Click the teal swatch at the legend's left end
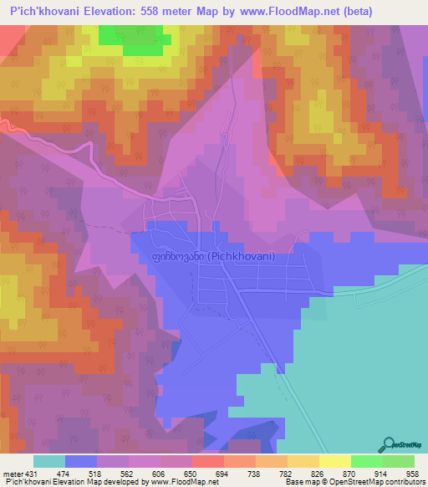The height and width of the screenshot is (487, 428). (x=49, y=461)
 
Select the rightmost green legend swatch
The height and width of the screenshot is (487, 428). (x=399, y=461)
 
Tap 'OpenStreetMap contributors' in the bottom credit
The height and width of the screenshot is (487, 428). (x=384, y=483)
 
